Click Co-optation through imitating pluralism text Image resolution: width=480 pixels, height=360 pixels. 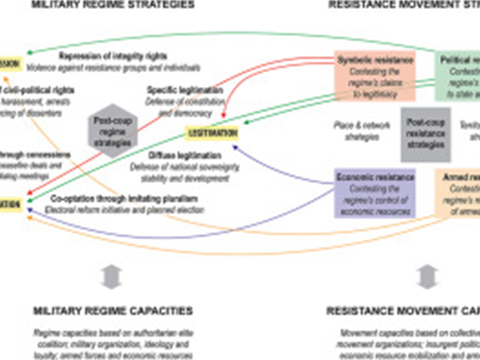tap(124, 198)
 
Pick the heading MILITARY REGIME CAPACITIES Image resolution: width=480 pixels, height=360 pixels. tap(113, 311)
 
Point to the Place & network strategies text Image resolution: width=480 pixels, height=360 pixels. tap(362, 130)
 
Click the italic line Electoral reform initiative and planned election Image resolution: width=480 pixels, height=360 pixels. tap(124, 209)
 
